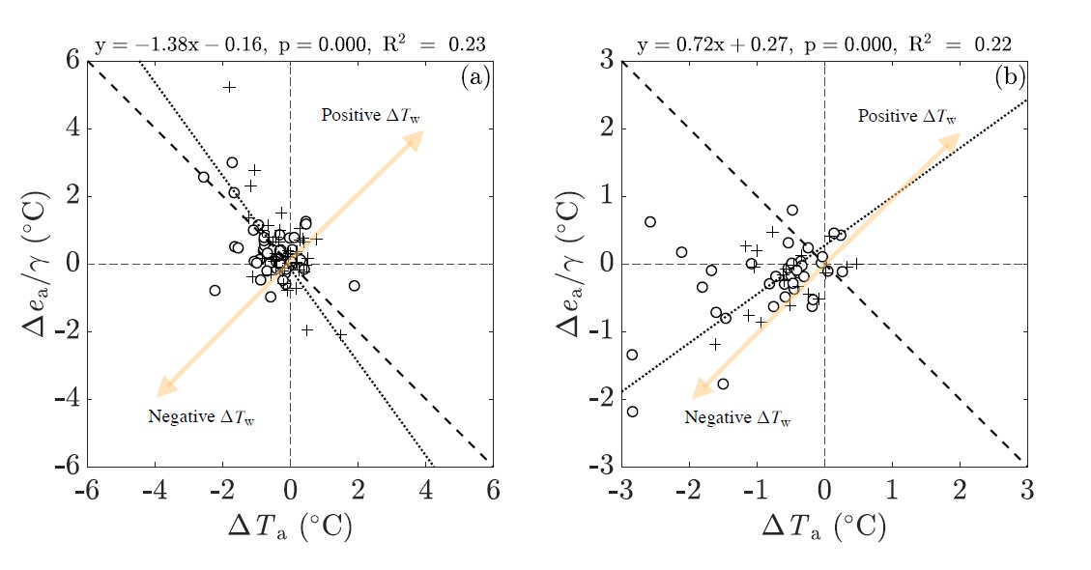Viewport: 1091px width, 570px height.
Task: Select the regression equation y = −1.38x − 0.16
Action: (182, 43)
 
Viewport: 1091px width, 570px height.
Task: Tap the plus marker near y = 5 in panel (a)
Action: (229, 87)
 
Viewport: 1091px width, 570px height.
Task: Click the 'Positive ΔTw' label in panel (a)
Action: (371, 116)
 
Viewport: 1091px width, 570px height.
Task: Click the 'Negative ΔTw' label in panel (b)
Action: (739, 418)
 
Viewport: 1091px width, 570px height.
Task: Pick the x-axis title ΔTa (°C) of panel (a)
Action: (289, 527)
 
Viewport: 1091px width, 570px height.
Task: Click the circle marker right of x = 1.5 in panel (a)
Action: (355, 285)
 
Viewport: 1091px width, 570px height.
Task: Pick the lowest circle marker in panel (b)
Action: (633, 412)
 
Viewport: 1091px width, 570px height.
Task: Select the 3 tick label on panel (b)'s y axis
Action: (607, 61)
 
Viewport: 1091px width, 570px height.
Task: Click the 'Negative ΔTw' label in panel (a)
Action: (202, 418)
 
